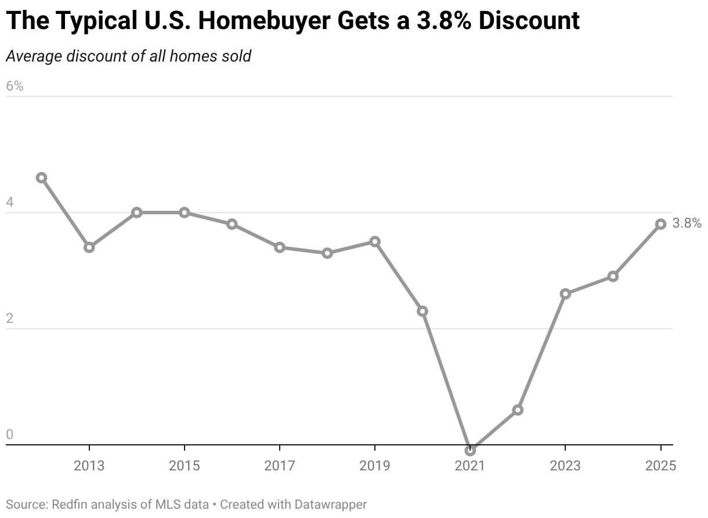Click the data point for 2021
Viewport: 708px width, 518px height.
tap(470, 450)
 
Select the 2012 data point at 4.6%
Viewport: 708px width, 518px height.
tap(41, 178)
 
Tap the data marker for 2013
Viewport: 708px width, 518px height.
tap(89, 247)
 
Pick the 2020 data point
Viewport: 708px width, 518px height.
tap(422, 311)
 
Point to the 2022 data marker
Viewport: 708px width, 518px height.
tap(518, 410)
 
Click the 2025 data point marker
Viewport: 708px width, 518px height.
tap(660, 224)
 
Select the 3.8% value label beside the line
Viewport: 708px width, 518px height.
tap(687, 224)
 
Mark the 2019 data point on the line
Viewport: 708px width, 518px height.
tap(375, 242)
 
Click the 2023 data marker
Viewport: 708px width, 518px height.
tap(565, 294)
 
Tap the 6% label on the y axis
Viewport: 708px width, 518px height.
tap(15, 86)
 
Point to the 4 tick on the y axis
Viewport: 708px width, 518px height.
tap(9, 203)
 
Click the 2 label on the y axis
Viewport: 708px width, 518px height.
tap(9, 319)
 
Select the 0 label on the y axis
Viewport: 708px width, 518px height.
tap(9, 435)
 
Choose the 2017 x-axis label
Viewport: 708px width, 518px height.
tap(280, 466)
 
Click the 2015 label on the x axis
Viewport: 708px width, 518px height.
tap(185, 466)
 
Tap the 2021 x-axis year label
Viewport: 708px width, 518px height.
tap(470, 466)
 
